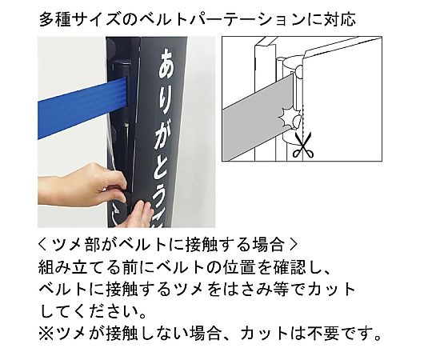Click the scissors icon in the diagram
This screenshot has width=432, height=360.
click(302, 145)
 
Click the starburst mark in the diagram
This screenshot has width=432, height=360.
click(287, 117)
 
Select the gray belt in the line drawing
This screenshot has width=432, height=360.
click(258, 118)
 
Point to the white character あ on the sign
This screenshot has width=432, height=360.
click(167, 64)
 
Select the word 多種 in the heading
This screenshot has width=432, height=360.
click(55, 20)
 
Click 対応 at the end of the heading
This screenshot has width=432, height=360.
click(339, 20)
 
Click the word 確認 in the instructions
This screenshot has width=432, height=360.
click(289, 267)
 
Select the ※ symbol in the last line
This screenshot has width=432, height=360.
click(46, 334)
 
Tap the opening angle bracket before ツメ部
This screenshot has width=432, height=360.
click(42, 245)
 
